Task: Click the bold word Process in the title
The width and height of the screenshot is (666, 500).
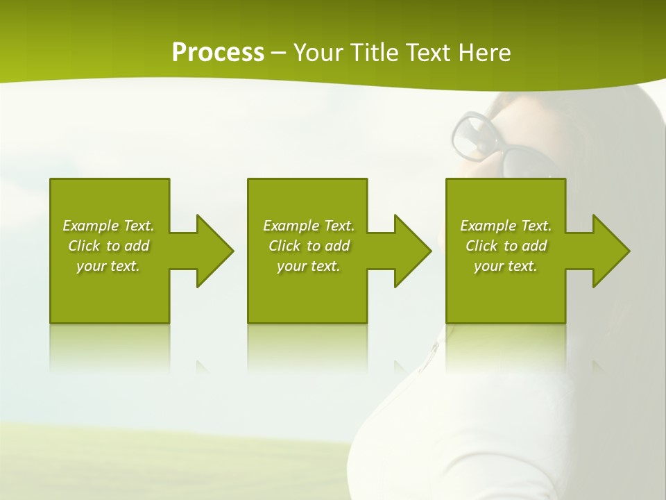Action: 218,52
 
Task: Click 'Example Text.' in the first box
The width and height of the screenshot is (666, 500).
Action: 108,226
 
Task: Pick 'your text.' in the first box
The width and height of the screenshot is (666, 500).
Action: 108,266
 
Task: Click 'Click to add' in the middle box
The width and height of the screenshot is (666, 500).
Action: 309,246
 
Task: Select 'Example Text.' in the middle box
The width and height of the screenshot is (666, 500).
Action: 309,226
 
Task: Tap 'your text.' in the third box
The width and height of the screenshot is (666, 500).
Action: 506,266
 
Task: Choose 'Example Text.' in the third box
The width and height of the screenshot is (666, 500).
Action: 506,226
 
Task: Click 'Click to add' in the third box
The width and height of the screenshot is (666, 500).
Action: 506,246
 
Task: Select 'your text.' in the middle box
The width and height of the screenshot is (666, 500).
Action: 309,266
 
